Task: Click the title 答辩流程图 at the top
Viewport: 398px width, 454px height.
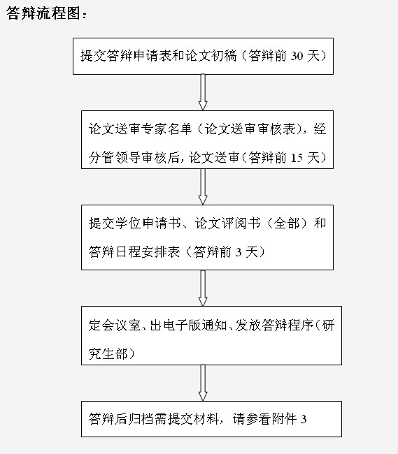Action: (43, 13)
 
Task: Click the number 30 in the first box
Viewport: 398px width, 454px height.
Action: (297, 56)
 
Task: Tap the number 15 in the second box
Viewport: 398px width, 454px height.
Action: (297, 158)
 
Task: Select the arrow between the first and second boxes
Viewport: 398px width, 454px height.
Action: (203, 92)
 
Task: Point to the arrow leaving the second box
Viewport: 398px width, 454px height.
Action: (203, 186)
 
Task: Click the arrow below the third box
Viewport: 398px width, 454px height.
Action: (203, 288)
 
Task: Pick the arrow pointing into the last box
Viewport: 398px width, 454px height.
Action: (203, 383)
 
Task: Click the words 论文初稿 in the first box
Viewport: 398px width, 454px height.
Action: (211, 56)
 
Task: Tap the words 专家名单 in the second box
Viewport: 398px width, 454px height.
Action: (166, 129)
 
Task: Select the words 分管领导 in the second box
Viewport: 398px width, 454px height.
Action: (114, 158)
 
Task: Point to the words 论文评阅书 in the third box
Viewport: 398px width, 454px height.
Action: (227, 224)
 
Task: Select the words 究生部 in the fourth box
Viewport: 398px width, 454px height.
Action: (108, 354)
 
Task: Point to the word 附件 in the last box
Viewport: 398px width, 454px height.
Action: (284, 419)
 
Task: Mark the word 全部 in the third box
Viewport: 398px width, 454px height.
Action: (286, 224)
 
